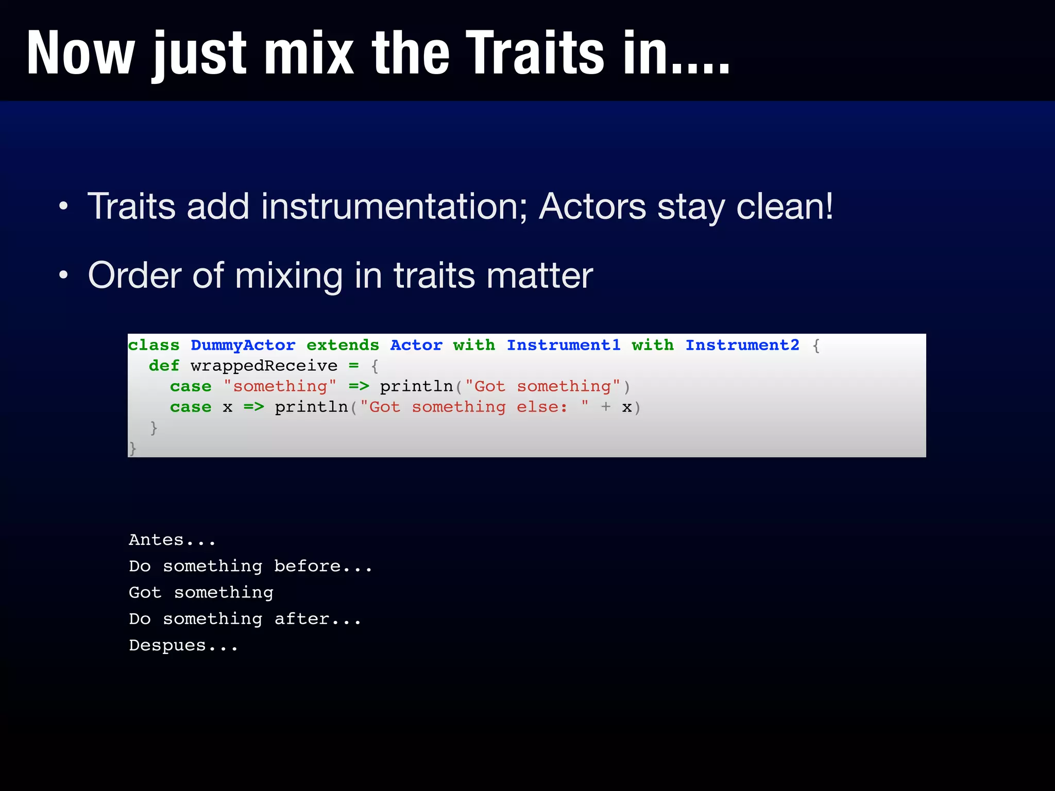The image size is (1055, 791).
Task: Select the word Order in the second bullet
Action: pyautogui.click(x=134, y=276)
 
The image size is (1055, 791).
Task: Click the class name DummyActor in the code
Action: pyautogui.click(x=243, y=345)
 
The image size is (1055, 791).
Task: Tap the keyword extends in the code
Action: pyautogui.click(x=343, y=345)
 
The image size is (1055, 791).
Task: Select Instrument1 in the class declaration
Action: pyautogui.click(x=564, y=345)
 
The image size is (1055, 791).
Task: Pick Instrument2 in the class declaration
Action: pyautogui.click(x=742, y=345)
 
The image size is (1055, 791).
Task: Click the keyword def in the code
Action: pyautogui.click(x=164, y=366)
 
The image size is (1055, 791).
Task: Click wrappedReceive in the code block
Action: pyautogui.click(x=264, y=366)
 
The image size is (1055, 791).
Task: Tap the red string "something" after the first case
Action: pyautogui.click(x=280, y=387)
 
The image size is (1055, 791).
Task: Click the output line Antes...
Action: pyautogui.click(x=172, y=540)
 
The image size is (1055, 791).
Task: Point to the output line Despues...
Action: pyautogui.click(x=183, y=646)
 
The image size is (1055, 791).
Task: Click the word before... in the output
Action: pyautogui.click(x=323, y=566)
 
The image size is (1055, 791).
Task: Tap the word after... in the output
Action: pyautogui.click(x=317, y=619)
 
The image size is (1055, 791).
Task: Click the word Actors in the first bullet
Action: pyautogui.click(x=592, y=207)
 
